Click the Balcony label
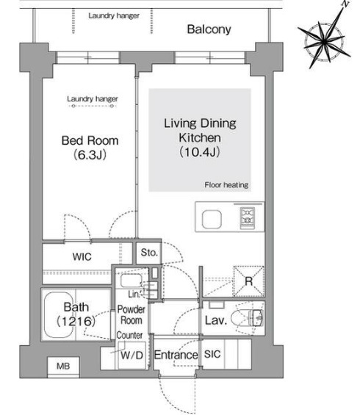pyautogui.click(x=209, y=29)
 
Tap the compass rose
pyautogui.click(x=325, y=41)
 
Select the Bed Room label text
pyautogui.click(x=90, y=140)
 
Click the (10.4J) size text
pyautogui.click(x=200, y=152)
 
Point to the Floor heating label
pyautogui.click(x=226, y=185)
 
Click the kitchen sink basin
pyautogui.click(x=212, y=220)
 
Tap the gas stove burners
pyautogui.click(x=248, y=218)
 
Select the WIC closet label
pyautogui.click(x=82, y=256)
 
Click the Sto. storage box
pyautogui.click(x=149, y=253)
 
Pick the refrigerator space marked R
pyautogui.click(x=248, y=281)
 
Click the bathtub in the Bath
pyautogui.click(x=59, y=314)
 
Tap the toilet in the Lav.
pyautogui.click(x=247, y=317)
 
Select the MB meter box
pyautogui.click(x=63, y=366)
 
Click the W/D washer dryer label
pyautogui.click(x=132, y=356)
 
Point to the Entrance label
pyautogui.click(x=176, y=355)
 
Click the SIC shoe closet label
pyautogui.click(x=212, y=354)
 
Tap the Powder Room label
pyautogui.click(x=132, y=314)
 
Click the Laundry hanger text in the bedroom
pyautogui.click(x=92, y=99)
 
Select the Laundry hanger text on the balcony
pyautogui.click(x=114, y=15)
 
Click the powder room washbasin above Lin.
pyautogui.click(x=132, y=281)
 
